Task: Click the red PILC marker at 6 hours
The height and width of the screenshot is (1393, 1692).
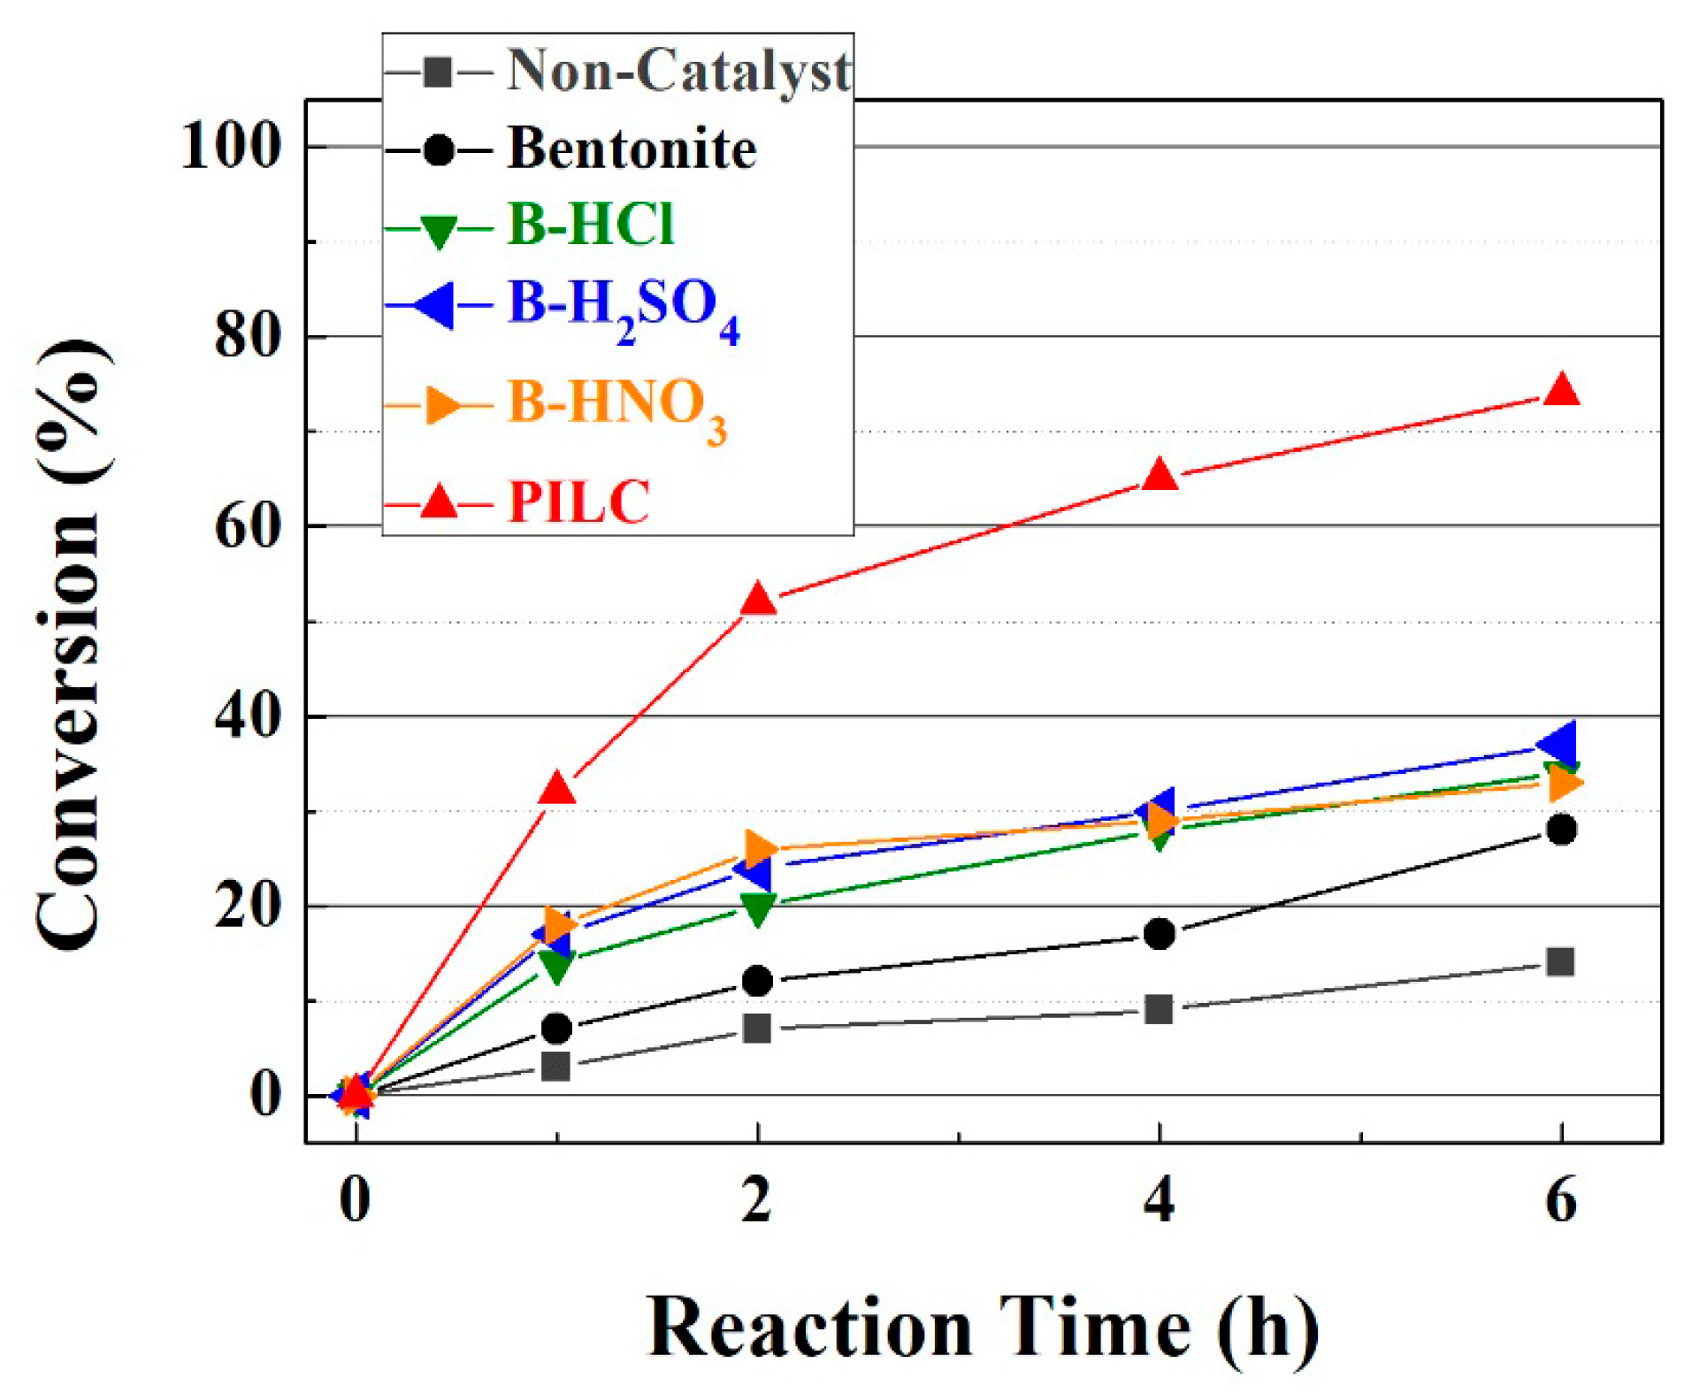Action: pos(1560,391)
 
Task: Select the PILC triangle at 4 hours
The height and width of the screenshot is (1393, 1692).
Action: pos(1159,477)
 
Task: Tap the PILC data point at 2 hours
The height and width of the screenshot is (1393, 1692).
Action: pos(758,601)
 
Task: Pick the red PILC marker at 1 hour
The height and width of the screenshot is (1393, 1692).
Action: pos(556,789)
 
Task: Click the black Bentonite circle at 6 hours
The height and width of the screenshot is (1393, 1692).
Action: pos(1560,829)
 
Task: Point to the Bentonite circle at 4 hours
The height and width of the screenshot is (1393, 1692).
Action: pos(1159,933)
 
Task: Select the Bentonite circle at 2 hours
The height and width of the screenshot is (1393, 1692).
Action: pos(758,980)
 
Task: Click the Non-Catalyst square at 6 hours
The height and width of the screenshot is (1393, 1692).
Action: pos(1560,961)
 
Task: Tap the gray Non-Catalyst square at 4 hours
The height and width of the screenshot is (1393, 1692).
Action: pos(1159,1008)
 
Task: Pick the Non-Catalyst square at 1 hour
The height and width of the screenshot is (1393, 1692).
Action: pos(556,1067)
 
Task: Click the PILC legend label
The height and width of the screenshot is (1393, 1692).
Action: pos(578,502)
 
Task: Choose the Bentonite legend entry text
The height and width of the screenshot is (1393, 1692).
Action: pos(632,149)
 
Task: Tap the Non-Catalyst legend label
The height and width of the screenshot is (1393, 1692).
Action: pos(678,71)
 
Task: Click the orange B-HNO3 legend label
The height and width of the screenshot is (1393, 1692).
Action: pos(616,406)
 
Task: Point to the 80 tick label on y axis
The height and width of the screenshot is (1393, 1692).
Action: pos(248,336)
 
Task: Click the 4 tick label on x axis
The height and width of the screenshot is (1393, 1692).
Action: pos(1159,1202)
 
